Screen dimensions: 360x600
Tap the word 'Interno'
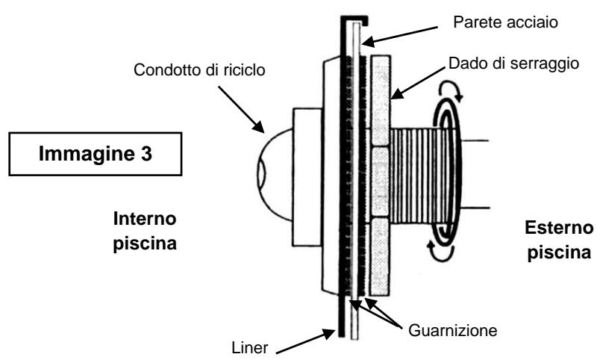click(147, 221)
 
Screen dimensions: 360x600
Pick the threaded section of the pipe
click(418, 176)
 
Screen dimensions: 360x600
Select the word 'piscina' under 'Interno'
click(147, 243)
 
